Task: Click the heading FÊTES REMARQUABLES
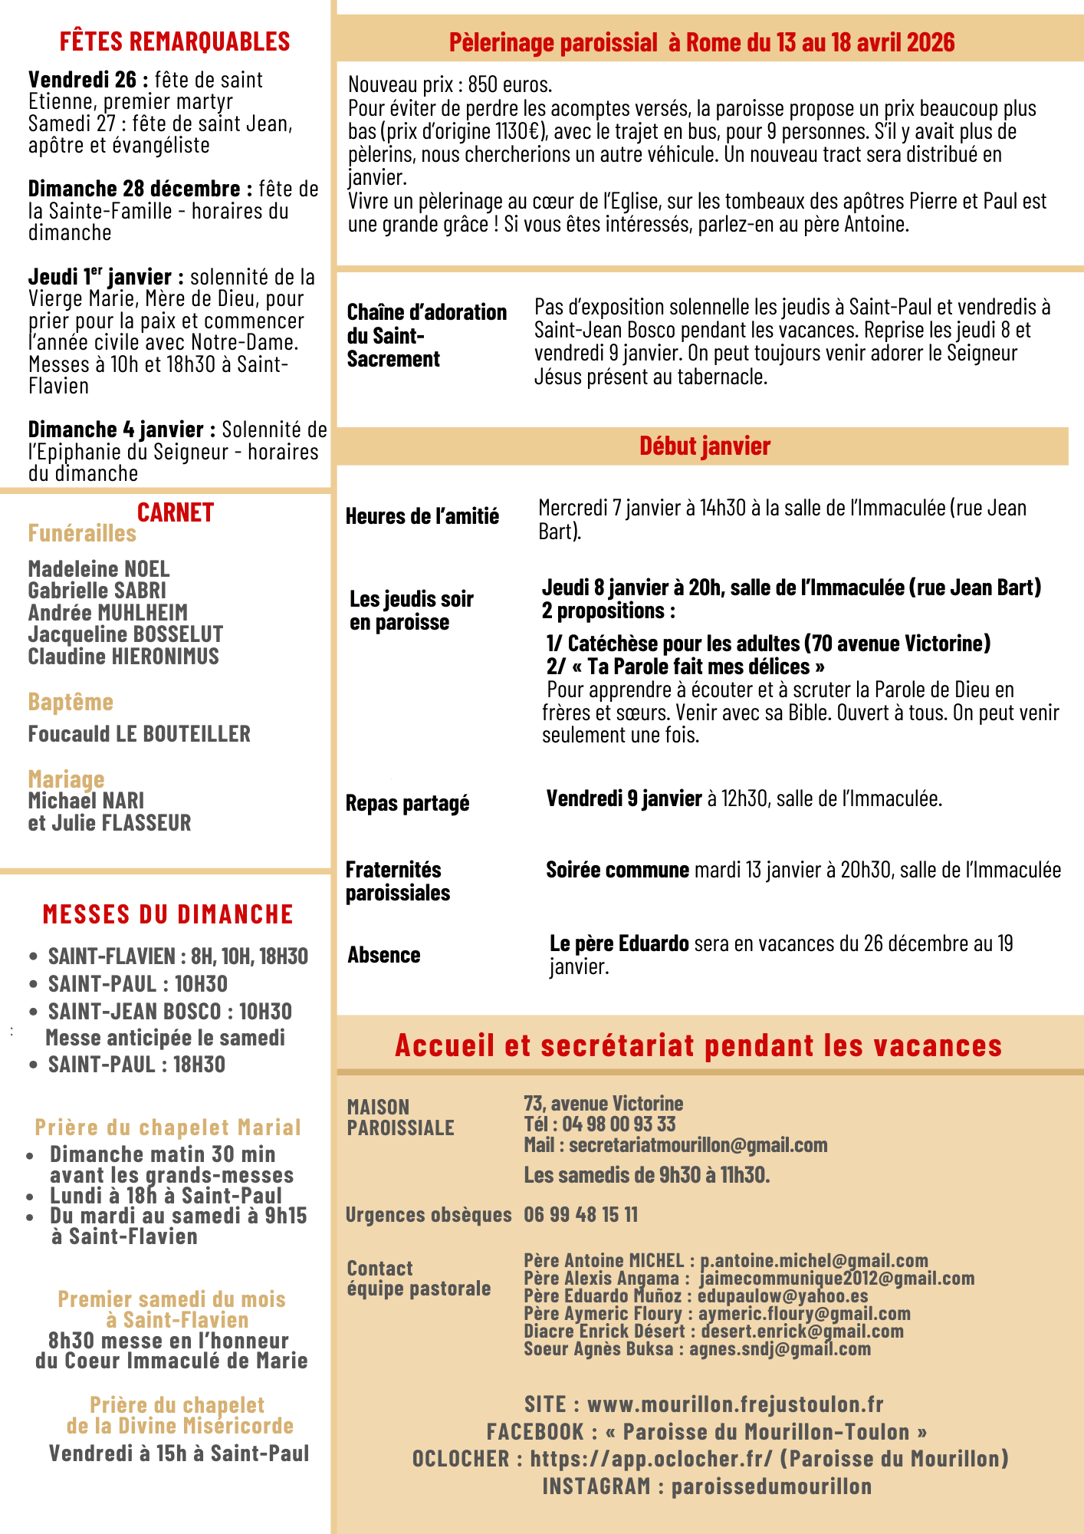pos(175,41)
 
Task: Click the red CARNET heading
pos(175,512)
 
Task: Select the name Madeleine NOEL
pos(99,569)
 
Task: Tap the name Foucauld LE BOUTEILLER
pos(139,734)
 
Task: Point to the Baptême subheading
pos(71,702)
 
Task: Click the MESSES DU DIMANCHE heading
pos(168,914)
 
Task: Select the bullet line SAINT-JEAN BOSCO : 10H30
pos(169,1012)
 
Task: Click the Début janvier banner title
pos(705,446)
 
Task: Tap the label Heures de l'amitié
pos(422,516)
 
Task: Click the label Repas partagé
pos(407,803)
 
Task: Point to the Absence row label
pos(383,955)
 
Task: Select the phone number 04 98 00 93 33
pos(619,1124)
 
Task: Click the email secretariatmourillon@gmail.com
pos(698,1145)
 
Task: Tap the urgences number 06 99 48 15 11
pos(580,1214)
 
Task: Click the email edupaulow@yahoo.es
pos(782,1295)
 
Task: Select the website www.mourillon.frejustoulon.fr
pos(734,1404)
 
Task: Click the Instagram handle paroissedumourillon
pos(771,1486)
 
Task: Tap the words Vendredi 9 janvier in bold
pos(624,798)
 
